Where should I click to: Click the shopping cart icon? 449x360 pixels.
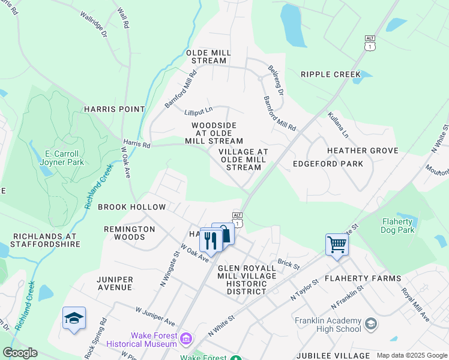337,245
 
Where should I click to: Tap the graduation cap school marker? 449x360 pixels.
74,319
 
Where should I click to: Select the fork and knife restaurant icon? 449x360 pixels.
210,239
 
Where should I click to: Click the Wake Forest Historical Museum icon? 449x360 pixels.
186,340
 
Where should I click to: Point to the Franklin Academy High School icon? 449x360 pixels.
370,325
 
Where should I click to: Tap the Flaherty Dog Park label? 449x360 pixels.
398,226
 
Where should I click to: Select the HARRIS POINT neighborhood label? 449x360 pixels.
115,109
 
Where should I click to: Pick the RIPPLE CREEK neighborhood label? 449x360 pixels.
331,74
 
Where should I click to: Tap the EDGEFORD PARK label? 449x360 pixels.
328,164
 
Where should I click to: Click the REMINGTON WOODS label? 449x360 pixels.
129,233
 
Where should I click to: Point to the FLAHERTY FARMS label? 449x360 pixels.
363,278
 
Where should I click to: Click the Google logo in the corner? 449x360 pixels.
20,353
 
